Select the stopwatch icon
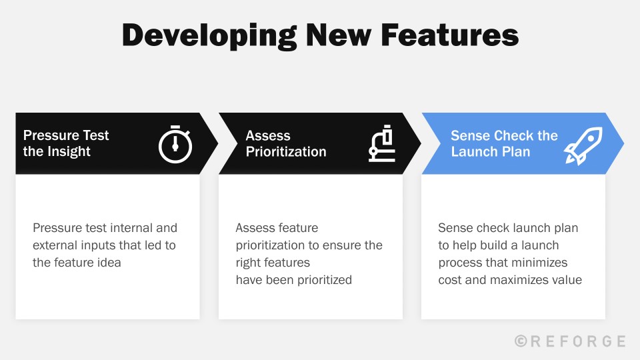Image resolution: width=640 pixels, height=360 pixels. (175, 143)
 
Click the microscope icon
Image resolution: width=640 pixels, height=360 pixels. (383, 144)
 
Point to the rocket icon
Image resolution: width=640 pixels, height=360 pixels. (583, 145)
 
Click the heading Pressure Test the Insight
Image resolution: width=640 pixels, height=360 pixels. (66, 143)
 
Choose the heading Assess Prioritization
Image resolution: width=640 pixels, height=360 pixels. (286, 143)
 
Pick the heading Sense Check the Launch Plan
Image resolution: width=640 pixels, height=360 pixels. (504, 143)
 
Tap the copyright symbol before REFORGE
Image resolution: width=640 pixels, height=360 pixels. (521, 341)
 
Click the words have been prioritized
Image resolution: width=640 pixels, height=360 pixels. (293, 280)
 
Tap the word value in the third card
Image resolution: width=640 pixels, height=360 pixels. (566, 280)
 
